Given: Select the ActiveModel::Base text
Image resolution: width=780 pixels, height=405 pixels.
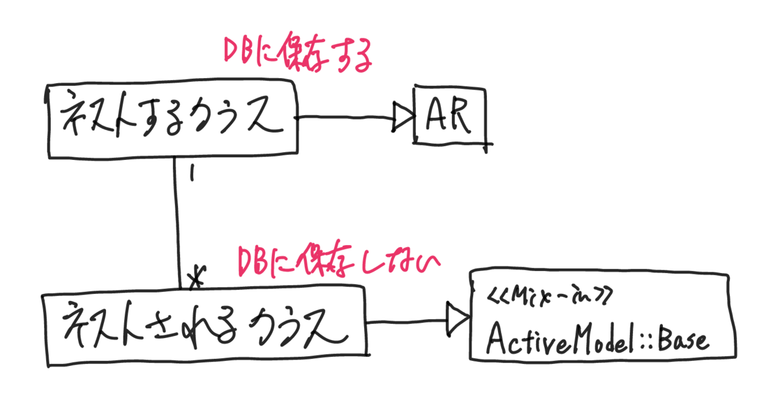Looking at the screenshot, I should [597, 339].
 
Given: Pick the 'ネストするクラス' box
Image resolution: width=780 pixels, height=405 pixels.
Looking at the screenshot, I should [172, 118].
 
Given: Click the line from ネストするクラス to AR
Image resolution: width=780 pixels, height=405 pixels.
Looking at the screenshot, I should [344, 118].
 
